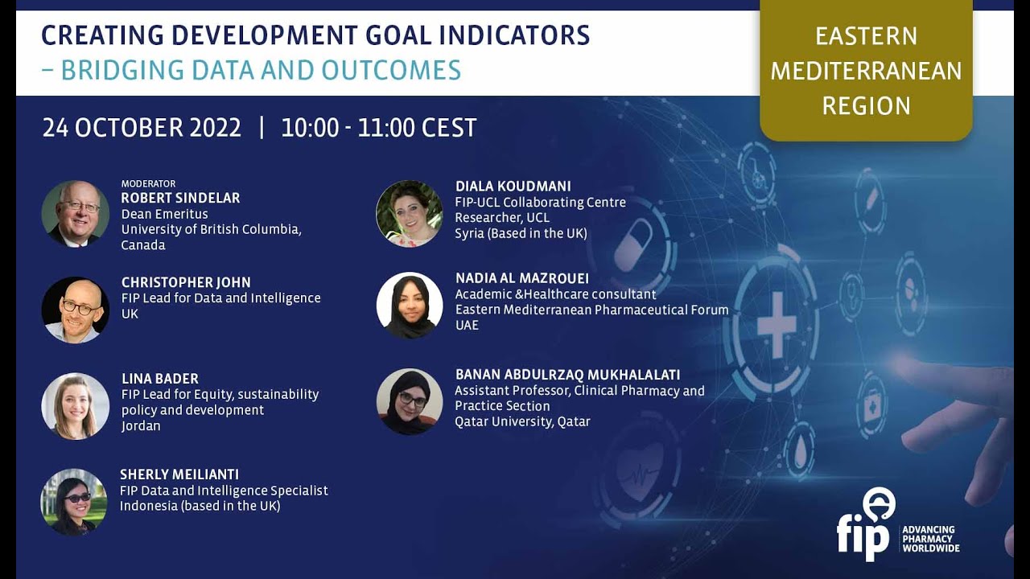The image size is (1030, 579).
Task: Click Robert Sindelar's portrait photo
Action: pos(75,213)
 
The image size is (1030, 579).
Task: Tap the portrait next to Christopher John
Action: pos(75,310)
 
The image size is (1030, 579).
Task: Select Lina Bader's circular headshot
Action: pos(75,406)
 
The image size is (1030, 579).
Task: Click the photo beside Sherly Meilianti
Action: pos(74,502)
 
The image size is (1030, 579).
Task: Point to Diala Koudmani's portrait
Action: pos(409,213)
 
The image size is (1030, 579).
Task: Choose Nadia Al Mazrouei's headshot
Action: pos(409,306)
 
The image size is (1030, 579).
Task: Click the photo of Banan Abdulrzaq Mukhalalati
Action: pos(409,402)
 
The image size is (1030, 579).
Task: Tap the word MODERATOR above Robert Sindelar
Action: pos(148,183)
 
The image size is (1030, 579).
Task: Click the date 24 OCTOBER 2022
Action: pos(142,128)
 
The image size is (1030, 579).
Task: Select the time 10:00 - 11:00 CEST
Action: pos(378,128)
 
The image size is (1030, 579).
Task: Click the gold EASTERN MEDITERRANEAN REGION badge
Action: pos(866,71)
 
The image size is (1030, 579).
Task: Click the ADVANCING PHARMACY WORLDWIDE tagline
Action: pos(930,539)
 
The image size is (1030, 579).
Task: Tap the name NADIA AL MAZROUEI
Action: pos(521,278)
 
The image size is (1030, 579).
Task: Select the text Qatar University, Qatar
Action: pos(522,421)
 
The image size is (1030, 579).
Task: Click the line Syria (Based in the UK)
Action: pos(521,233)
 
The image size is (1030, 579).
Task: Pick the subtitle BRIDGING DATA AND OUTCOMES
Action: pos(260,70)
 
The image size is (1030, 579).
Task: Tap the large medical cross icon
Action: pos(776,325)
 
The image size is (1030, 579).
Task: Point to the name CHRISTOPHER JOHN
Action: pos(186,282)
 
